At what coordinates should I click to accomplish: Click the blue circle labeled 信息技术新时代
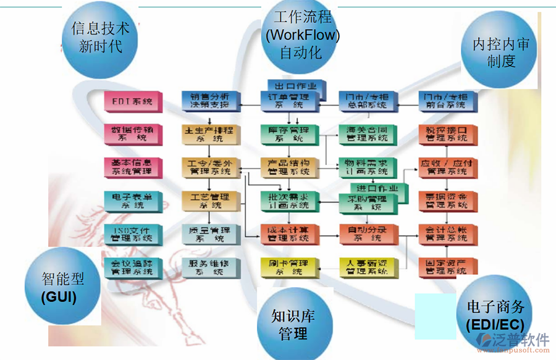click(101, 38)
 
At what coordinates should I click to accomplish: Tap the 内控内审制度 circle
click(500, 52)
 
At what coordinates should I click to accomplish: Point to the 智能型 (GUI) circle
click(63, 288)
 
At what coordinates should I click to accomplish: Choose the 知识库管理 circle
click(293, 324)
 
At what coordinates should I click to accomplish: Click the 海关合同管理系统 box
click(367, 134)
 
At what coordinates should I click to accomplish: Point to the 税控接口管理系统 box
click(447, 134)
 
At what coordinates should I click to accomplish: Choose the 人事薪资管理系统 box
click(367, 267)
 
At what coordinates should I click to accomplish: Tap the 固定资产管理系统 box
click(447, 267)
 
